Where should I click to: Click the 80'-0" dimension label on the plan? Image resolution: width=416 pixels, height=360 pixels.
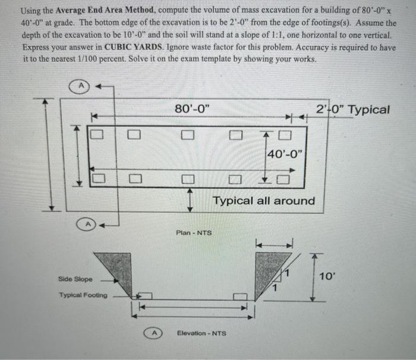click(x=191, y=109)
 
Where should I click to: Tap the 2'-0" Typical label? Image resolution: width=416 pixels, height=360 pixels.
click(x=353, y=110)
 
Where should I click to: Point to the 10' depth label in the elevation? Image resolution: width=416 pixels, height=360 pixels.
click(x=327, y=276)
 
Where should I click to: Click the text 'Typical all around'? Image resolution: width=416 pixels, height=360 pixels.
click(x=264, y=201)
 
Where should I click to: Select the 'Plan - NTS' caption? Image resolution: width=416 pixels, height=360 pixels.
click(x=193, y=232)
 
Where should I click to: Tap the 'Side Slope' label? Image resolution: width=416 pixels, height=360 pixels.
click(x=75, y=279)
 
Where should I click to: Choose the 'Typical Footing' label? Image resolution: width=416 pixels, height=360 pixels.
click(x=83, y=295)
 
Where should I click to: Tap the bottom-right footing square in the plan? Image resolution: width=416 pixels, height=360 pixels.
click(x=285, y=178)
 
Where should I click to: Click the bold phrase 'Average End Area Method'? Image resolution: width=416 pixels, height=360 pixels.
click(x=87, y=12)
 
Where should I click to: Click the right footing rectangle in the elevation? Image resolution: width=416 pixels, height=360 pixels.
click(x=241, y=296)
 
